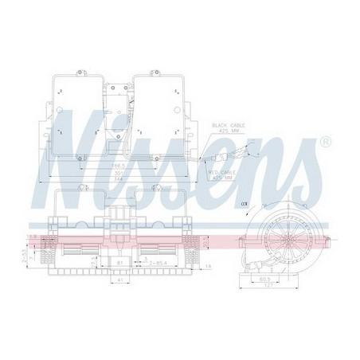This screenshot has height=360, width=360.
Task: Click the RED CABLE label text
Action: [x=226, y=171]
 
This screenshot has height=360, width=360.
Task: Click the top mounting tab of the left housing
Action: [x=81, y=71]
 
